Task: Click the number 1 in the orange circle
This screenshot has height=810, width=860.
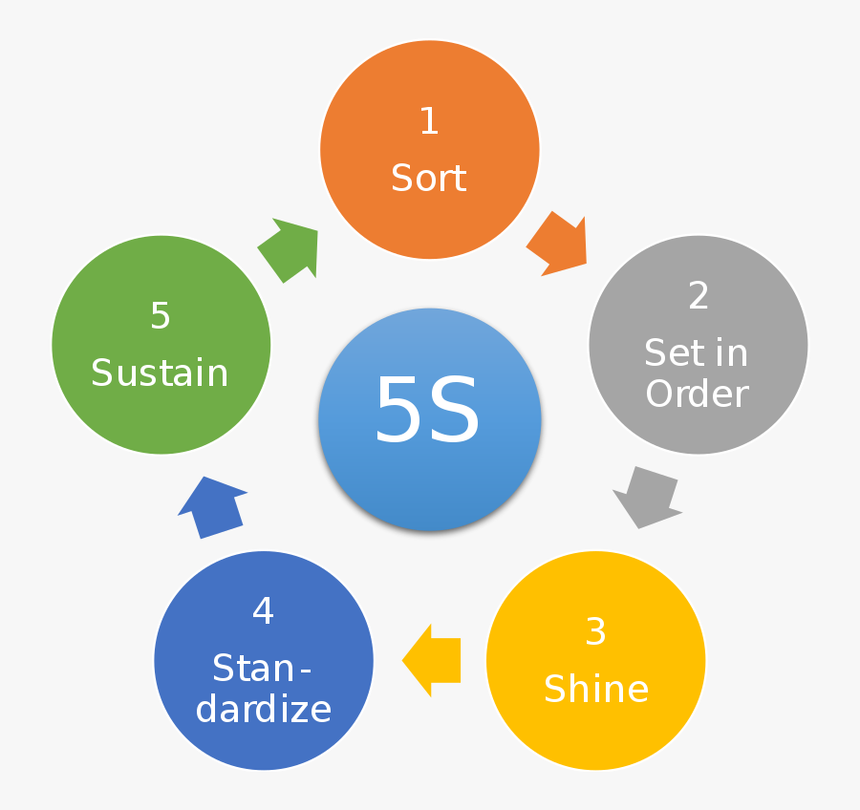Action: tap(429, 121)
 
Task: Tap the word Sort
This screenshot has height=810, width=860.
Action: tap(429, 179)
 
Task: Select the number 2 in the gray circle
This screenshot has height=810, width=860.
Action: tap(699, 296)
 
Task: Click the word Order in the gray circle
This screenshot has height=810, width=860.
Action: tap(697, 394)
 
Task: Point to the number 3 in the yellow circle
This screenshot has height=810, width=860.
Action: tap(595, 631)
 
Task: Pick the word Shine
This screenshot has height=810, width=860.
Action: tap(596, 689)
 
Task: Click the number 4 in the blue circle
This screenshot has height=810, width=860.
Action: tap(263, 611)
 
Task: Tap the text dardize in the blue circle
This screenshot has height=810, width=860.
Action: tap(263, 709)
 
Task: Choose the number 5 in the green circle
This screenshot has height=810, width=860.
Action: tap(161, 316)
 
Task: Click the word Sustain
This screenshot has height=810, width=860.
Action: tap(160, 373)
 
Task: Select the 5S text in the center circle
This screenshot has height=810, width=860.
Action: tap(427, 412)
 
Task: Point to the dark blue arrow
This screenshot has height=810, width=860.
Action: tap(212, 506)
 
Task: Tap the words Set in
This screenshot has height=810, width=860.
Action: tap(697, 353)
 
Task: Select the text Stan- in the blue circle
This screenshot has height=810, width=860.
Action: tap(263, 668)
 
